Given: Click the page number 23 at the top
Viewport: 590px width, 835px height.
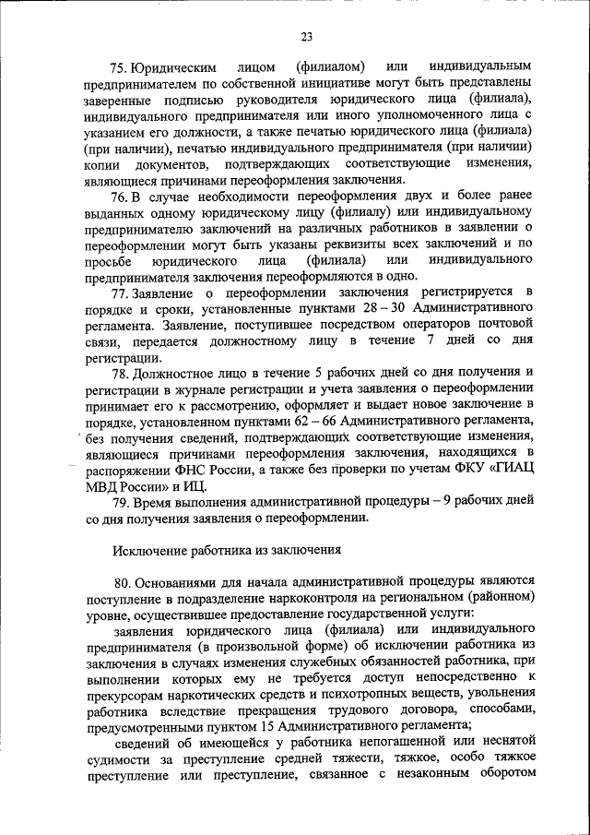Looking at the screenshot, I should tap(306, 37).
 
